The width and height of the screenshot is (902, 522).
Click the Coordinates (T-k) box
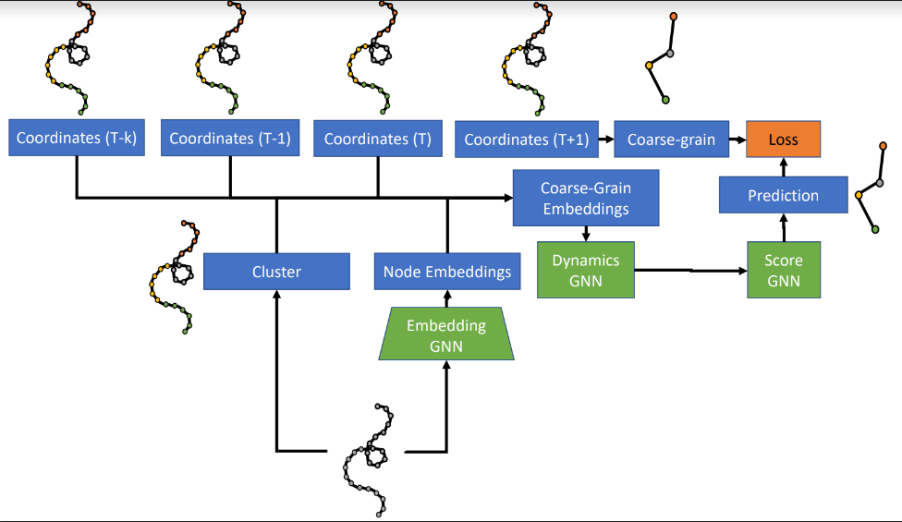click(77, 139)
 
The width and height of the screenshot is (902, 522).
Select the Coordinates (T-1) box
click(230, 139)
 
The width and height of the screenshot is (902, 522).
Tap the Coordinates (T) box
click(378, 139)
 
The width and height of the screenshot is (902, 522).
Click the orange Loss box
click(783, 140)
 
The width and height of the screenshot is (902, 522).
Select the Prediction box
click(783, 196)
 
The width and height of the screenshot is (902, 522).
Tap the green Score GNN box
click(783, 271)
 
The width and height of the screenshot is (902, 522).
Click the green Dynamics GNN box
click(586, 271)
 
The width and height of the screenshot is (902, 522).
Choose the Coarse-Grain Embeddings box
click(586, 198)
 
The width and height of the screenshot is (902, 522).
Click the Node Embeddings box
click(447, 272)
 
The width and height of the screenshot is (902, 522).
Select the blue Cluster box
click(276, 272)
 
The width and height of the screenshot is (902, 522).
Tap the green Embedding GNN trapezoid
click(447, 334)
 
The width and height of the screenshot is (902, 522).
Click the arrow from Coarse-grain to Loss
click(737, 140)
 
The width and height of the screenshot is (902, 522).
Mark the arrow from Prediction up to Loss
click(783, 167)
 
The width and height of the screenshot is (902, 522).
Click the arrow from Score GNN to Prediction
click(783, 229)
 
